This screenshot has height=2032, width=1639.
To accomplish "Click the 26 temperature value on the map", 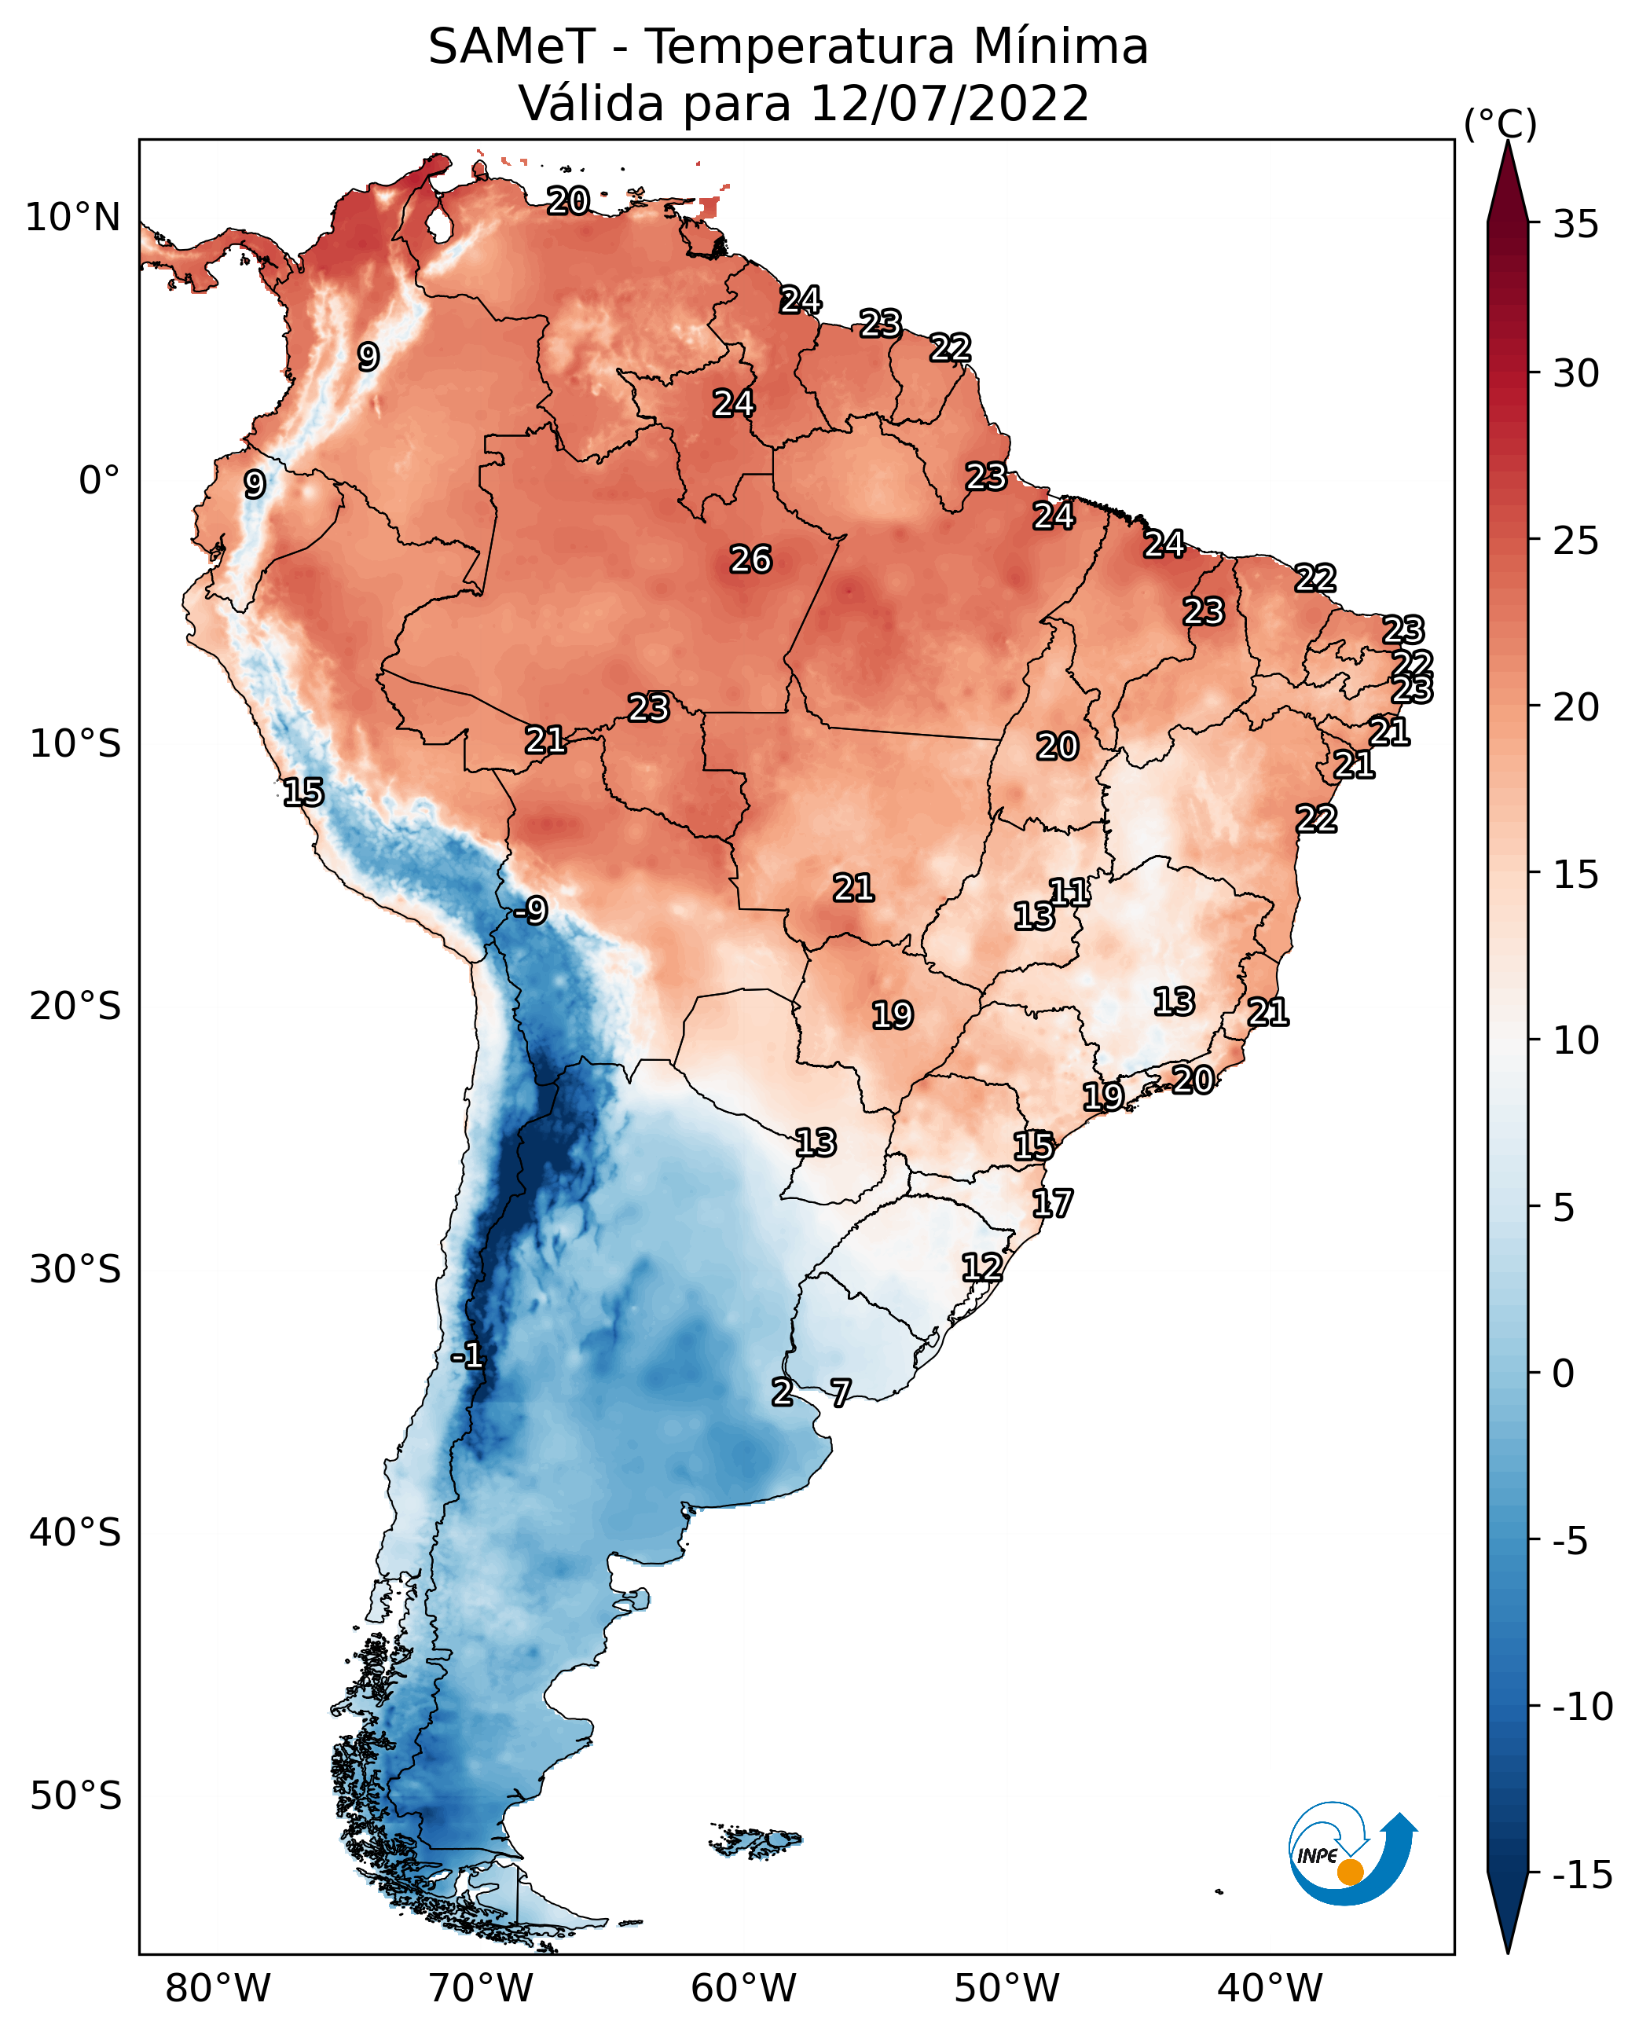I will tap(750, 560).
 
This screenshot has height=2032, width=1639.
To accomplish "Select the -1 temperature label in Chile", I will tap(467, 1357).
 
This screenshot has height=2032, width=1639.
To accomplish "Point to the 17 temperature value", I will tap(1052, 1204).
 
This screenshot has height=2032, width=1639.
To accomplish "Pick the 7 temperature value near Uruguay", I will tap(840, 1392).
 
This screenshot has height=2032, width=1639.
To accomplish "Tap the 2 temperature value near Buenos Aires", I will tap(782, 1392).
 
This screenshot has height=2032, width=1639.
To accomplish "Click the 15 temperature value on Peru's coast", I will tap(303, 792).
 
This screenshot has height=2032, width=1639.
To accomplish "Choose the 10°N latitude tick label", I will tap(73, 218).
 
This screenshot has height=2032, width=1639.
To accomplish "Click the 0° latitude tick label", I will tap(99, 481).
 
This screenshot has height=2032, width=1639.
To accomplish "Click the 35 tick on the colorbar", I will tap(1575, 225).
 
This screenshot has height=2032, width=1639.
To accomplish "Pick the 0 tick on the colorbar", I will tap(1564, 1374).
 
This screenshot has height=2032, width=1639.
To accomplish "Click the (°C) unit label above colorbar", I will tap(1500, 123).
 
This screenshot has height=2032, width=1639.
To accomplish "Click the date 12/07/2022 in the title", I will tap(949, 104).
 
